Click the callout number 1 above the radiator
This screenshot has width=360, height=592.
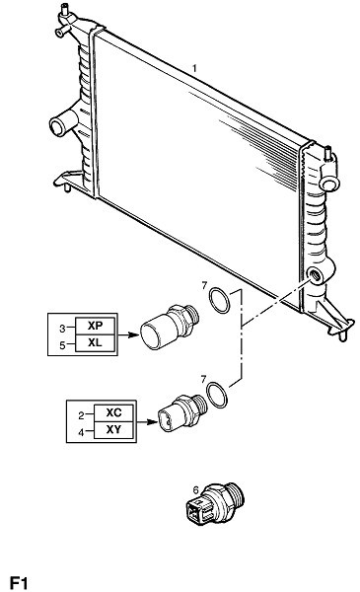click(194, 68)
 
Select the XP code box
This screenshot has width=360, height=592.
click(95, 326)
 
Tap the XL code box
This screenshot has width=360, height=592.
click(95, 342)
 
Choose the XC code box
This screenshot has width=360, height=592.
click(113, 412)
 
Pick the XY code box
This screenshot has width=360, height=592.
click(113, 430)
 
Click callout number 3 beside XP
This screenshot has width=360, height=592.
click(62, 329)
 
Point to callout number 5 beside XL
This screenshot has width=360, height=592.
click(62, 345)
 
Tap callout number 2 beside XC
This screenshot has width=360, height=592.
click(81, 415)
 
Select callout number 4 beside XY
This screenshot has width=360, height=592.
click(81, 433)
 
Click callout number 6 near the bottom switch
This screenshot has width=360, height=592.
click(195, 490)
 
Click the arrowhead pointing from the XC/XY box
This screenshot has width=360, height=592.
click(153, 421)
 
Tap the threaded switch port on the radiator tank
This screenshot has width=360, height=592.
click(315, 275)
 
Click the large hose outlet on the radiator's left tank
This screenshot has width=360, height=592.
click(58, 127)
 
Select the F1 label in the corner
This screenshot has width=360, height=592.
click(19, 582)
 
